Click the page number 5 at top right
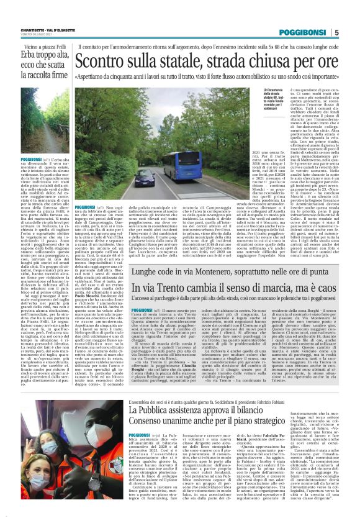point(353,32)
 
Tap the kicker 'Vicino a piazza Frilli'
point(35,46)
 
